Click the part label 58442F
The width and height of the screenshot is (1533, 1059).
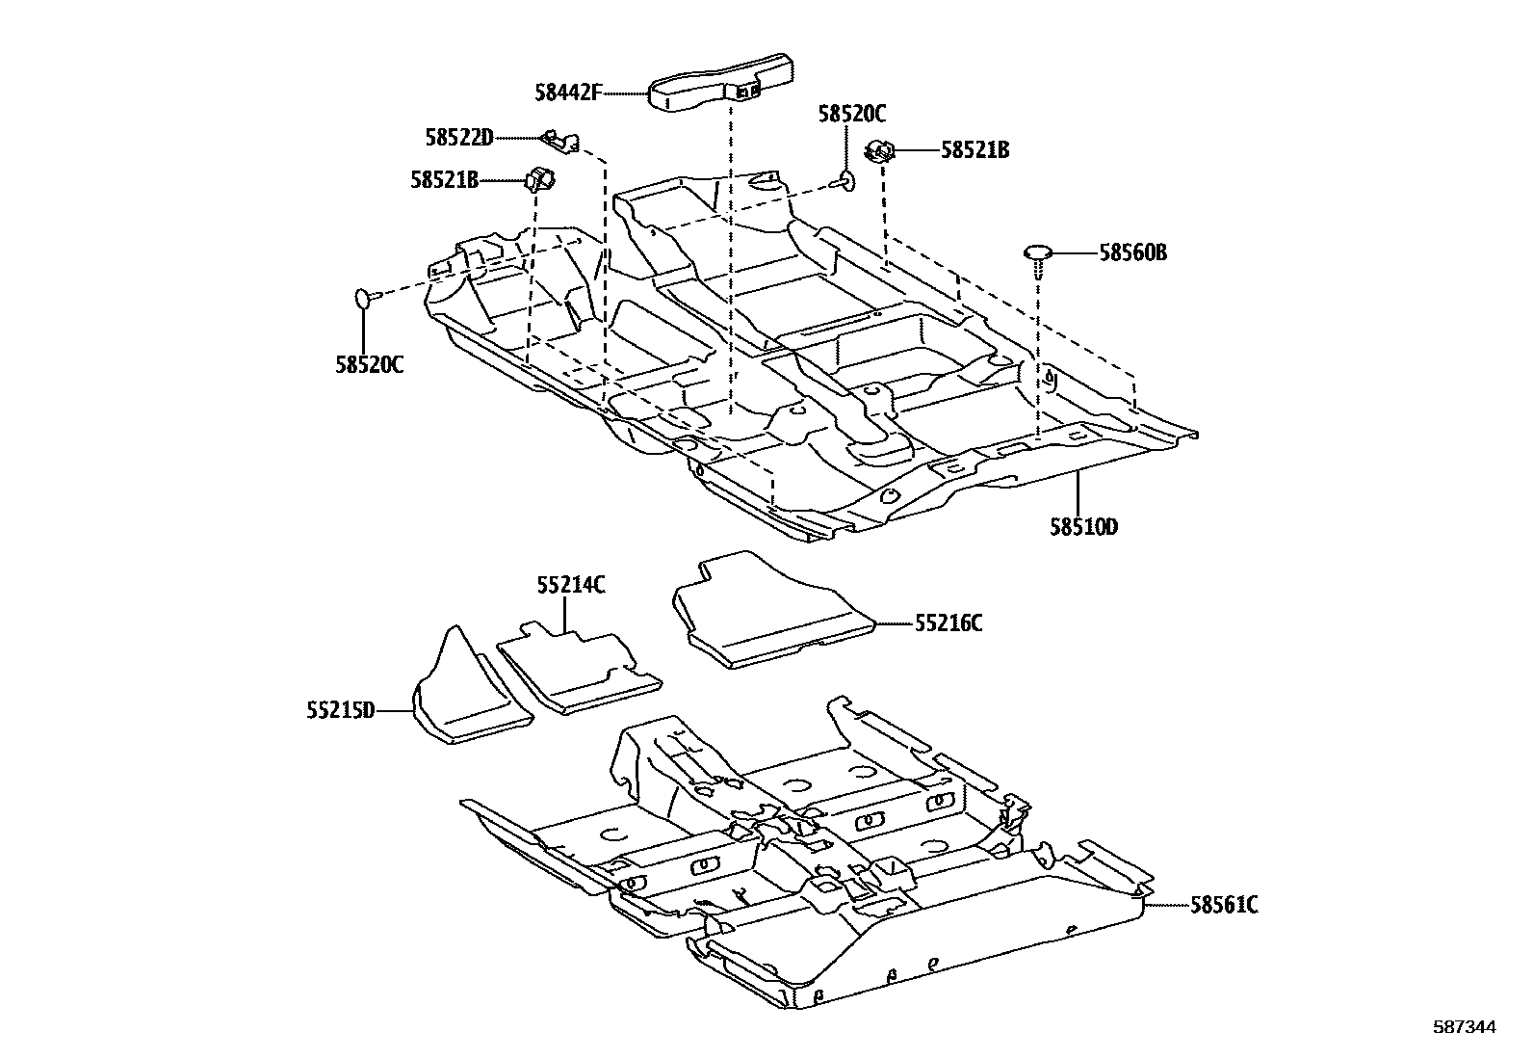(x=568, y=93)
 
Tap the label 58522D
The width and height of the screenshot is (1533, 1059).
(x=459, y=138)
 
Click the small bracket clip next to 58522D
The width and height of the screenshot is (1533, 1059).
(x=560, y=142)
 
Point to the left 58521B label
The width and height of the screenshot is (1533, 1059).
(x=444, y=179)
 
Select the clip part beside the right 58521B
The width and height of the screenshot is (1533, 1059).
(x=880, y=150)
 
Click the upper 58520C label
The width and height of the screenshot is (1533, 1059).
(x=851, y=114)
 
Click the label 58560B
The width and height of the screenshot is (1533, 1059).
(x=1132, y=253)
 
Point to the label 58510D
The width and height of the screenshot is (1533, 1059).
(x=1084, y=527)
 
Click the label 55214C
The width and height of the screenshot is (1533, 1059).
(x=571, y=584)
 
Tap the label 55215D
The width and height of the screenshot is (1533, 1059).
(x=340, y=711)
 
